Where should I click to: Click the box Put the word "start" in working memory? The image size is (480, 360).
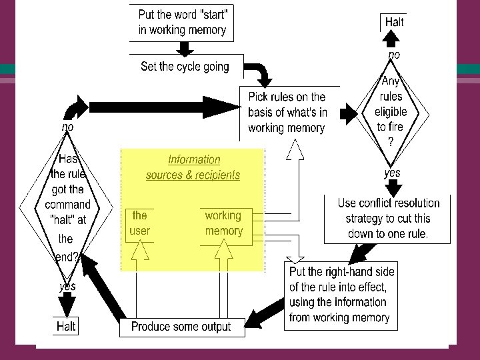(x=182, y=21)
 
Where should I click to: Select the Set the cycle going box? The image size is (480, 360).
(x=185, y=67)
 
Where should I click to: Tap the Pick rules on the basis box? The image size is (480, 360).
(x=287, y=113)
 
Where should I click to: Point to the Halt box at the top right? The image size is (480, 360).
(x=395, y=22)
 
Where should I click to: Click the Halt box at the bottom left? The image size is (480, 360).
(x=66, y=327)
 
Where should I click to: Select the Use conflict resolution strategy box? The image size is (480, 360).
(x=388, y=219)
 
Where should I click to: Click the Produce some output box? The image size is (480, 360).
(x=181, y=327)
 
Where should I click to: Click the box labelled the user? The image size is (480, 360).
(x=140, y=223)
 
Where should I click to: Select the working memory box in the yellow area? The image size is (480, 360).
(x=223, y=223)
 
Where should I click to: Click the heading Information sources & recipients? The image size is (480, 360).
(x=193, y=167)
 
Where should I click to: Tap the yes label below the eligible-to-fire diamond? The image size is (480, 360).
(x=393, y=173)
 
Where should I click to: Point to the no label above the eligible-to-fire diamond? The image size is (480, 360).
(x=395, y=55)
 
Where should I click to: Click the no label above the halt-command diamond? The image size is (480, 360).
(x=68, y=126)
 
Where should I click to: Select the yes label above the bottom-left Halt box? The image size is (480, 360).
(x=68, y=286)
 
